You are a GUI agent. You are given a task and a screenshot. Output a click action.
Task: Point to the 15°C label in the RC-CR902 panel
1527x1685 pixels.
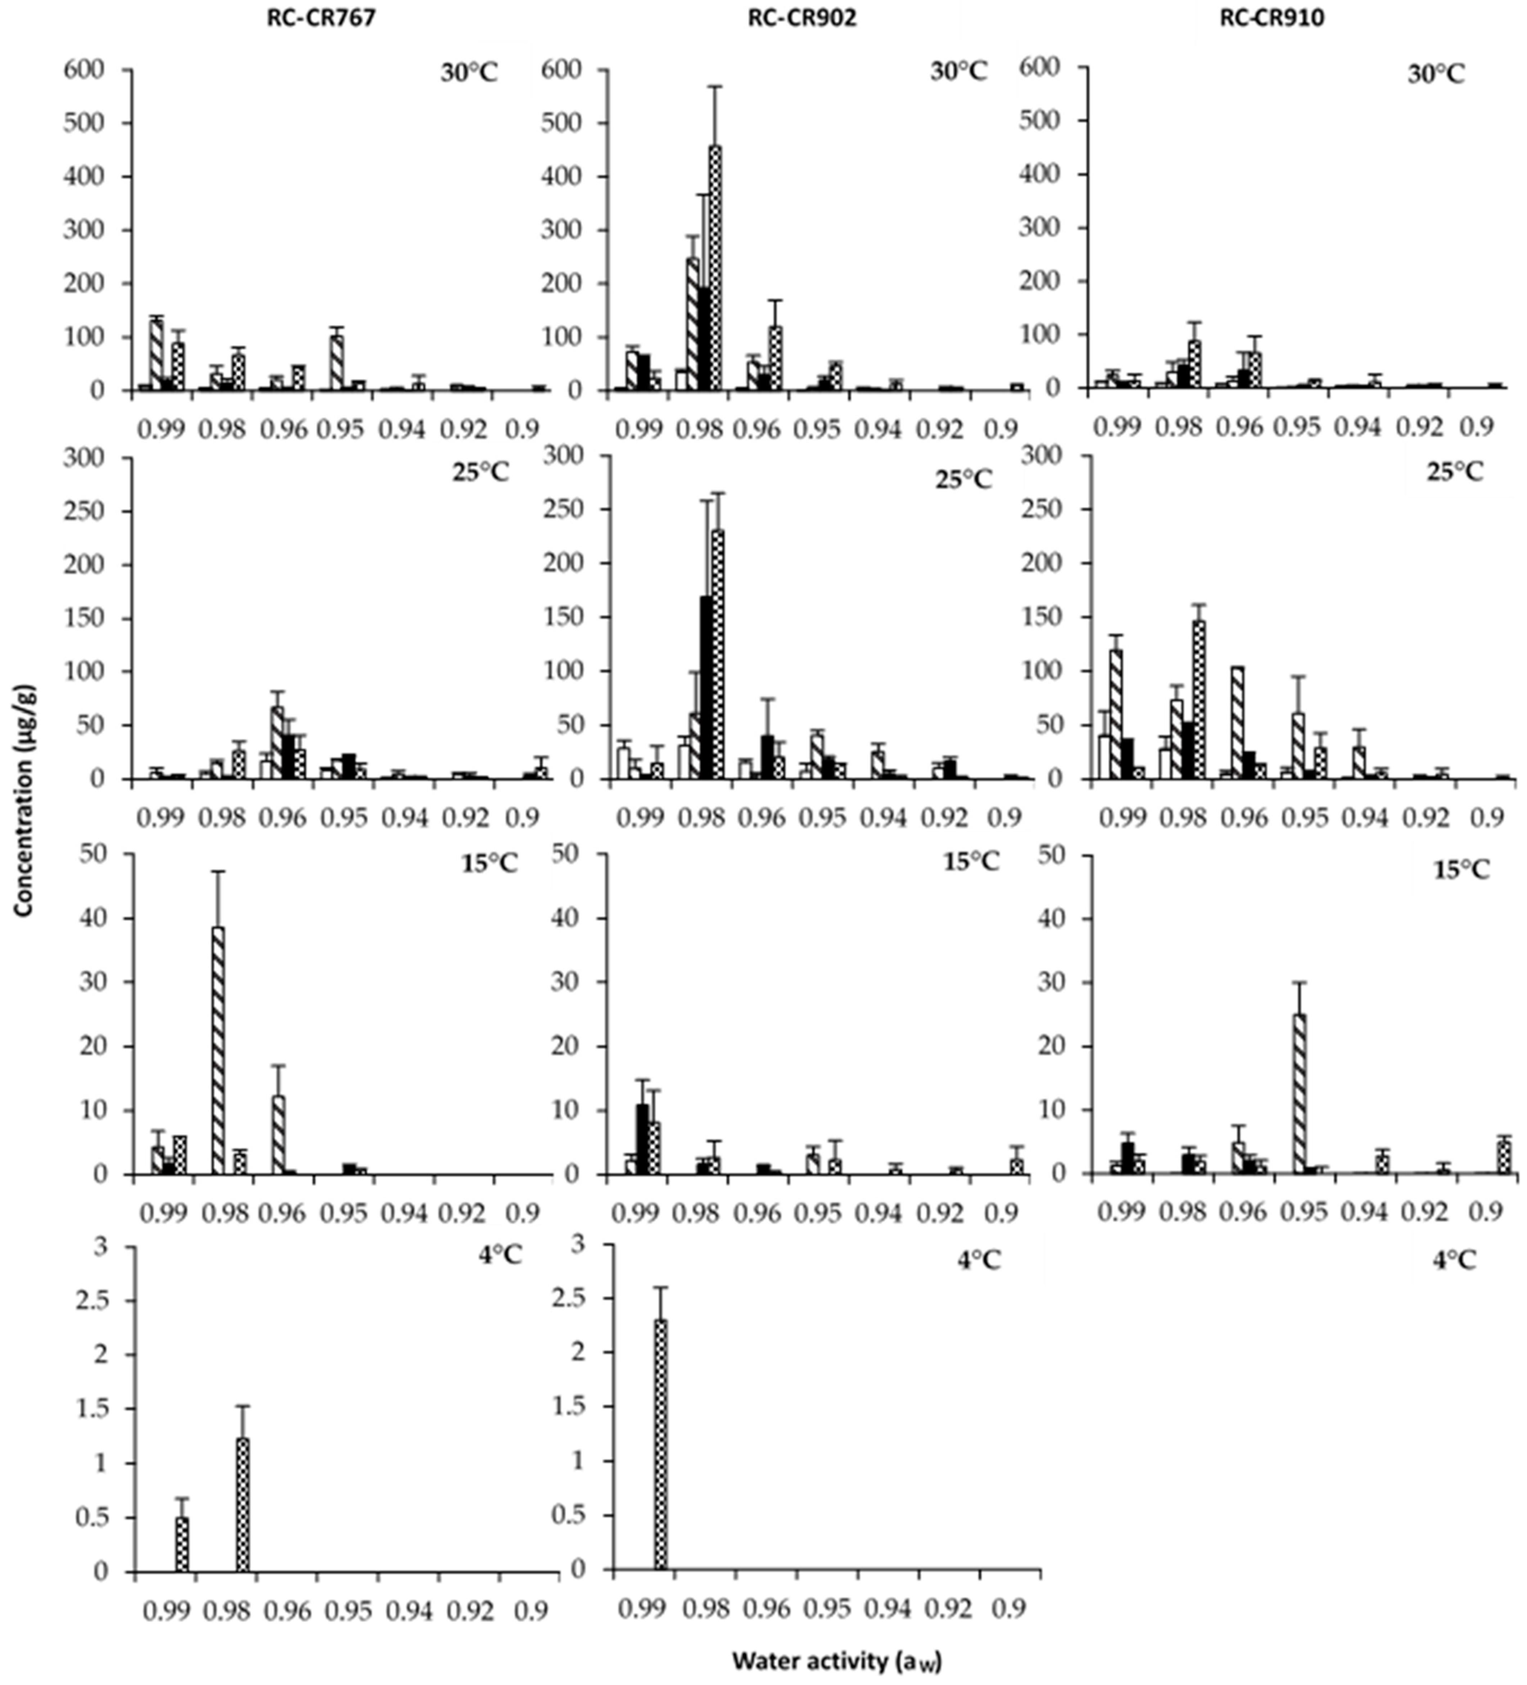click(971, 862)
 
